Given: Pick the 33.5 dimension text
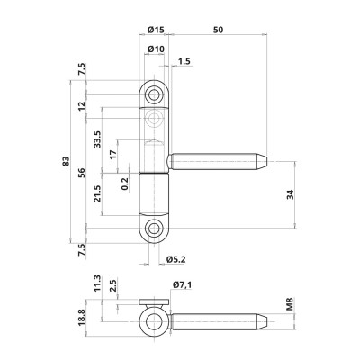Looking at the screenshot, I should coord(121,140).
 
